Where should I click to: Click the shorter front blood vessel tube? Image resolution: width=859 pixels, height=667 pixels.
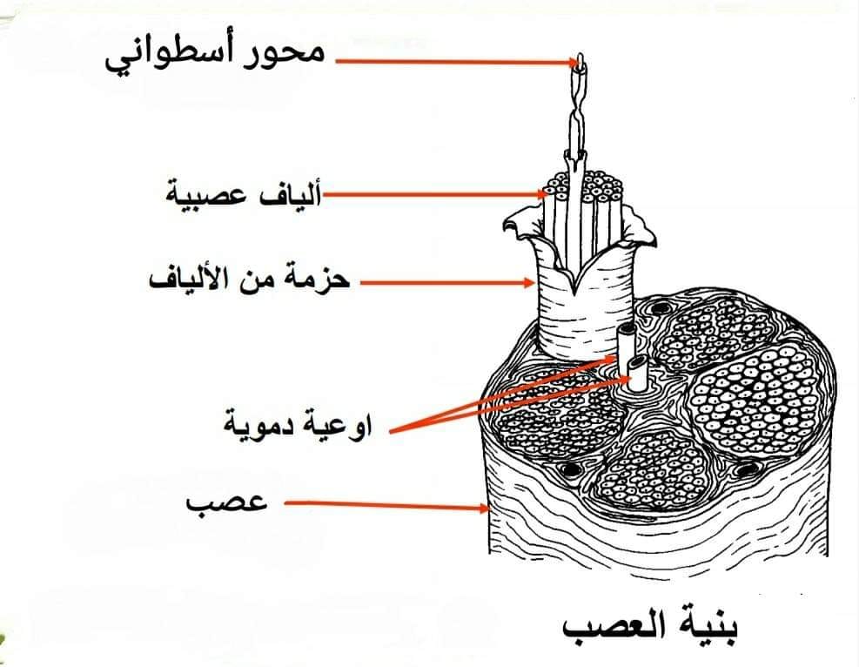pos(638,374)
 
